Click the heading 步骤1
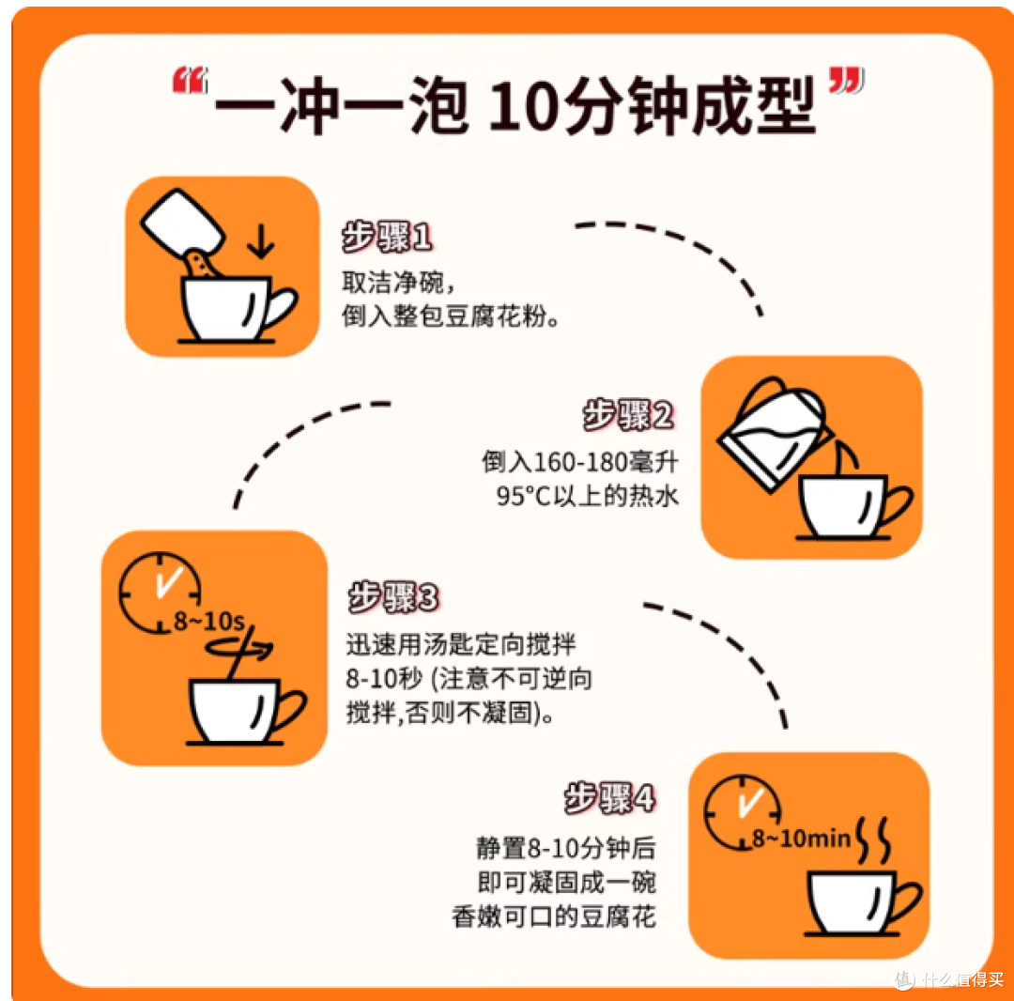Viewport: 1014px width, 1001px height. (x=387, y=237)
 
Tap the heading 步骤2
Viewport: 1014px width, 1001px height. (x=628, y=414)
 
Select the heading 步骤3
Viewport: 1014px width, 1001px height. (x=393, y=597)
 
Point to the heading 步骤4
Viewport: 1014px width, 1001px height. (x=609, y=797)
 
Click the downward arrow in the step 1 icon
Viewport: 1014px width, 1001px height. (x=260, y=241)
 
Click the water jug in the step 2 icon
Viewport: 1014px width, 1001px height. (x=774, y=433)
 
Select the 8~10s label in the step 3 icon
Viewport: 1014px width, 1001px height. (x=208, y=622)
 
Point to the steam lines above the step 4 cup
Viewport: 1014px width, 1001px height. (x=874, y=840)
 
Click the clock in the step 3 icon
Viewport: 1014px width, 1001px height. (x=159, y=592)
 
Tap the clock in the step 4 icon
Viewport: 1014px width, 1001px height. (x=742, y=811)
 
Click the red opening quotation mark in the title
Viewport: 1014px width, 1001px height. (x=190, y=80)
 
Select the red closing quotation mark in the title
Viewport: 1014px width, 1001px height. (x=847, y=80)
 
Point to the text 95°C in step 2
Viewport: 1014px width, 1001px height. (x=523, y=496)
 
